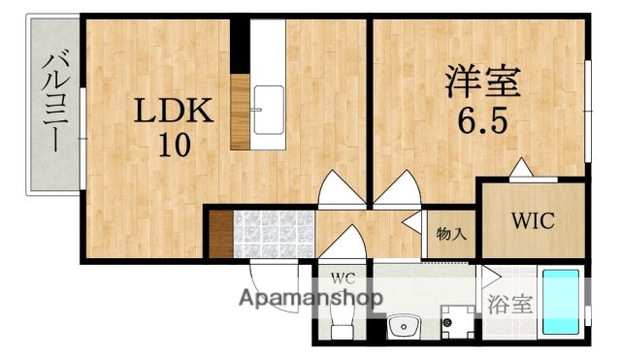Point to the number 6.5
click(x=482, y=122)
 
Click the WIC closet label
click(x=533, y=219)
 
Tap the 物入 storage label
click(x=449, y=234)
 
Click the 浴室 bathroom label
click(x=509, y=304)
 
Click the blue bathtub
click(x=560, y=302)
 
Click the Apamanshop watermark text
click(x=310, y=299)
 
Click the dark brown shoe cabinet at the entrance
click(x=220, y=233)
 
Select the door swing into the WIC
click(x=522, y=171)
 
